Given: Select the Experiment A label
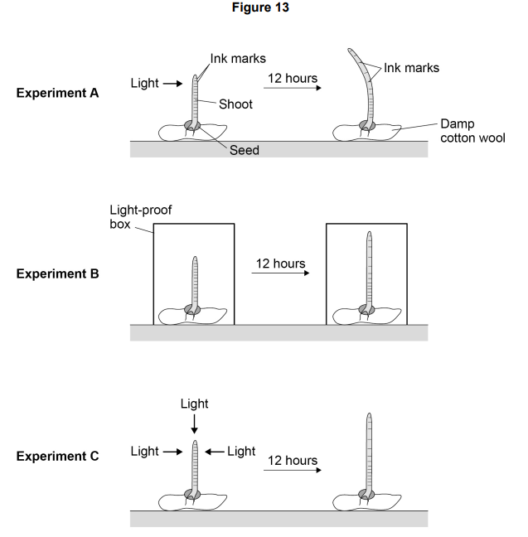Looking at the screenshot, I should [x=57, y=93].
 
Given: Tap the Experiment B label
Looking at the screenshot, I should [x=57, y=273].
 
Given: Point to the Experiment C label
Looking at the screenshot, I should [x=57, y=456].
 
